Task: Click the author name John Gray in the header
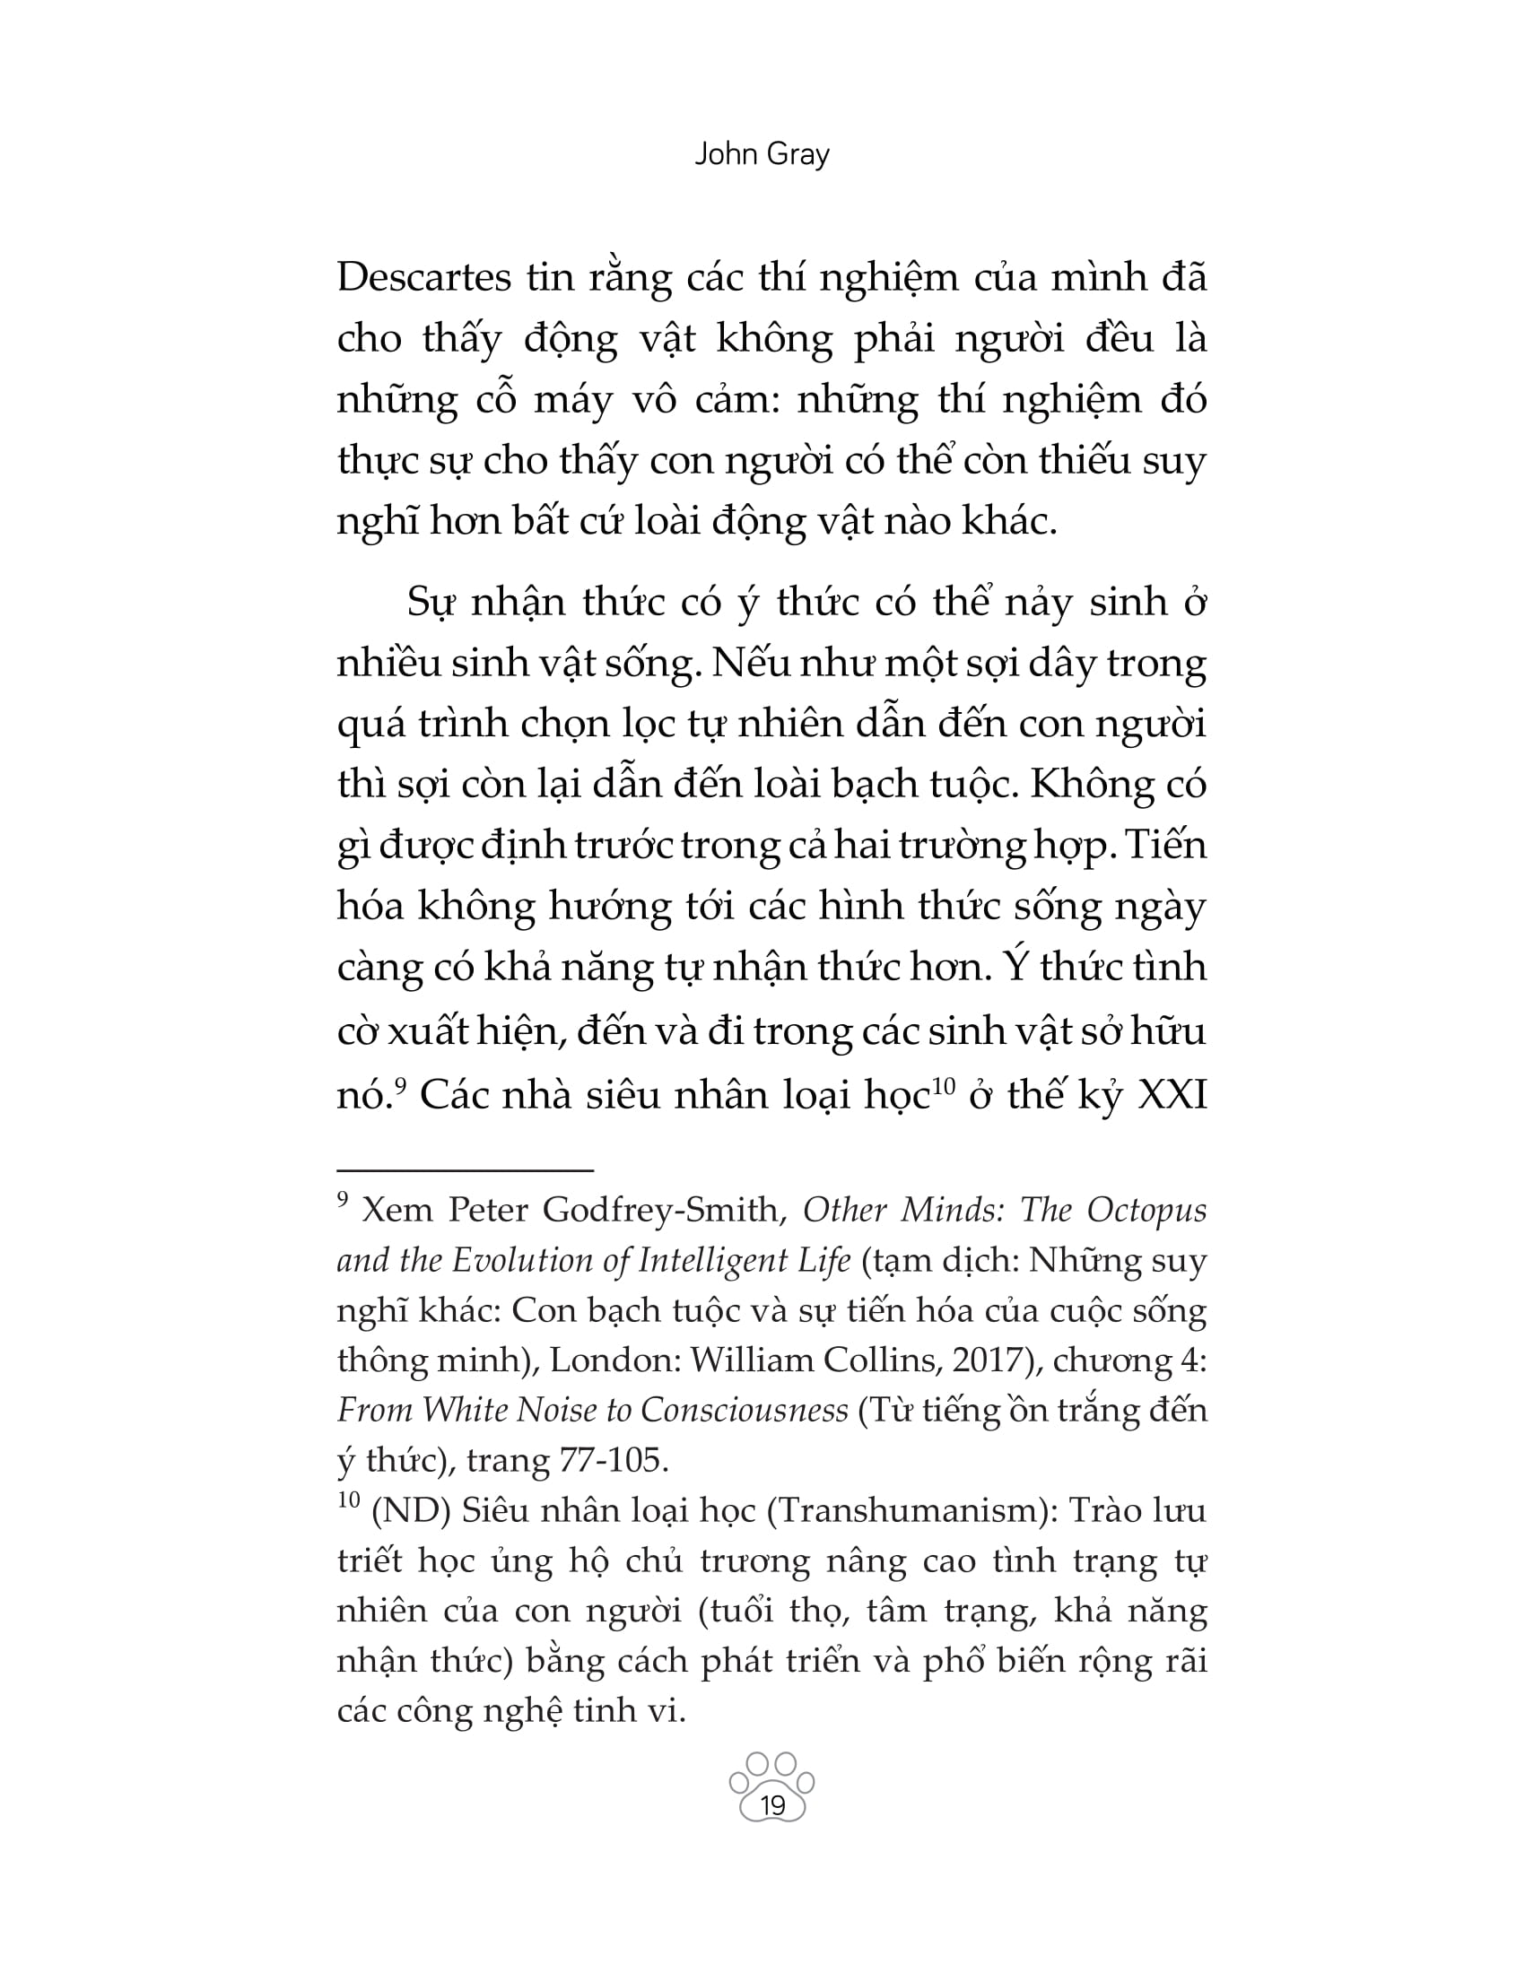coord(762,154)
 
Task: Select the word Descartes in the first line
coord(423,277)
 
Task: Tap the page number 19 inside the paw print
coord(772,1806)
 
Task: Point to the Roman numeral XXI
coord(1172,1095)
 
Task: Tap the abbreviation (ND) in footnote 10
coord(411,1510)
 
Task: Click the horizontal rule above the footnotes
coord(465,1170)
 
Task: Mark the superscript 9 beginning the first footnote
coord(343,1200)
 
